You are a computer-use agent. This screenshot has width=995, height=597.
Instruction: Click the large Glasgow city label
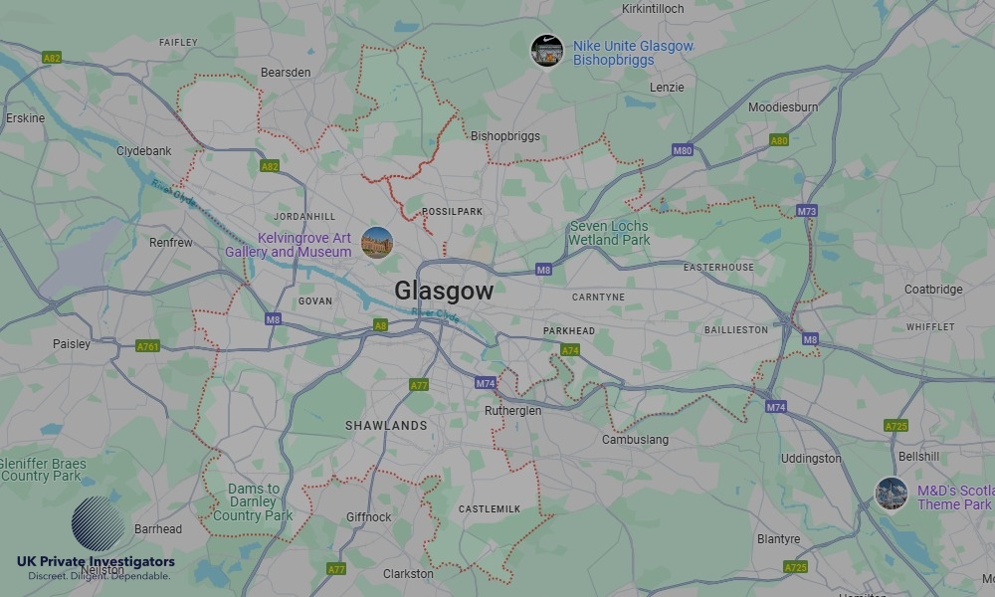tap(444, 291)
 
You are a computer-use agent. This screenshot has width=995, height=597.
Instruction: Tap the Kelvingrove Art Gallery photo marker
tap(376, 243)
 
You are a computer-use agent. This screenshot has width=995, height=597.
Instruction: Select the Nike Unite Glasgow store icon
tap(546, 51)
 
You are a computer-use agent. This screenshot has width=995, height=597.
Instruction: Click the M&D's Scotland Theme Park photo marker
tap(891, 494)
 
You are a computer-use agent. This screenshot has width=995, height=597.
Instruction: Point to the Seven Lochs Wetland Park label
tap(609, 233)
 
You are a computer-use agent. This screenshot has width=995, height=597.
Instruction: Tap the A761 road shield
tap(148, 346)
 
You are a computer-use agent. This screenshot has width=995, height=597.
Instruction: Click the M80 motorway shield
tap(682, 150)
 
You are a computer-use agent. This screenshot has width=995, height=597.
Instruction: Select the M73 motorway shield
tap(806, 211)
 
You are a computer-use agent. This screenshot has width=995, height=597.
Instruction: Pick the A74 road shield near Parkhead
tap(570, 350)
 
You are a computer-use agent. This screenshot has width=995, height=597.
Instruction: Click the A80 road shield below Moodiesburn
tap(779, 140)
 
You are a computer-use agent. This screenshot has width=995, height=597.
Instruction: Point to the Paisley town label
tap(72, 344)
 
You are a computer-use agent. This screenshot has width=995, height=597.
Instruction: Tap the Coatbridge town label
tap(933, 290)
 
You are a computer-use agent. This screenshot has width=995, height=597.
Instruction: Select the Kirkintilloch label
tap(654, 8)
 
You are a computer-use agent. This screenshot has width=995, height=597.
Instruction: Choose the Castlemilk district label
tap(489, 508)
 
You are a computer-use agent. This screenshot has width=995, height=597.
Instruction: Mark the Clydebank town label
tap(144, 151)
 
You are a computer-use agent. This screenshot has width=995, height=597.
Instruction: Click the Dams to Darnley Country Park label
tap(253, 502)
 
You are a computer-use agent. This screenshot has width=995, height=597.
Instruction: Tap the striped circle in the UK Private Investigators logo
tap(99, 523)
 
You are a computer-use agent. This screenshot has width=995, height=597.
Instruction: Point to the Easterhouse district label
tap(718, 268)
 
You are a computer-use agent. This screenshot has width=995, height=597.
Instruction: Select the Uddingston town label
tap(811, 459)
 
